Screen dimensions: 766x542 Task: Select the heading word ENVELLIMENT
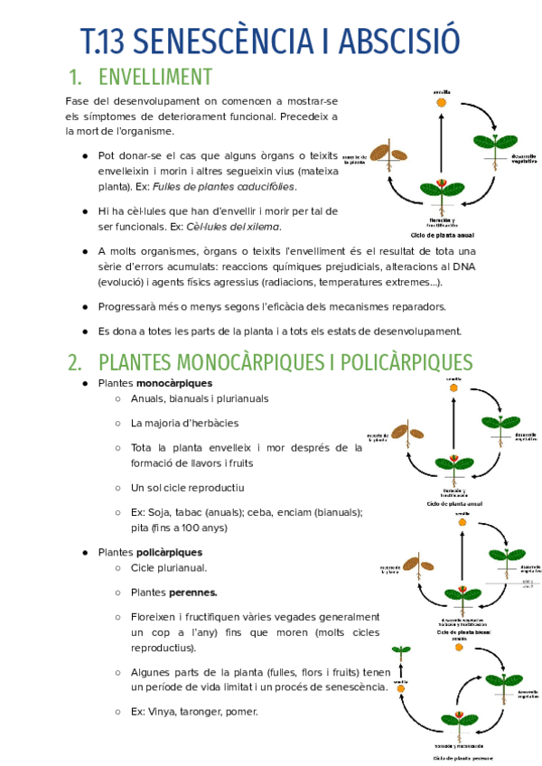[x=155, y=77]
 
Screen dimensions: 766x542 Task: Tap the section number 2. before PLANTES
[x=76, y=362]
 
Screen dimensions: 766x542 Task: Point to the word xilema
[x=262, y=227]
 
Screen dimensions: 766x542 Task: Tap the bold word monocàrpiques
[x=174, y=384]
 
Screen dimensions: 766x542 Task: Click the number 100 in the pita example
[x=177, y=528]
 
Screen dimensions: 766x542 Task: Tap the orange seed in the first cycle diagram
[x=442, y=103]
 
